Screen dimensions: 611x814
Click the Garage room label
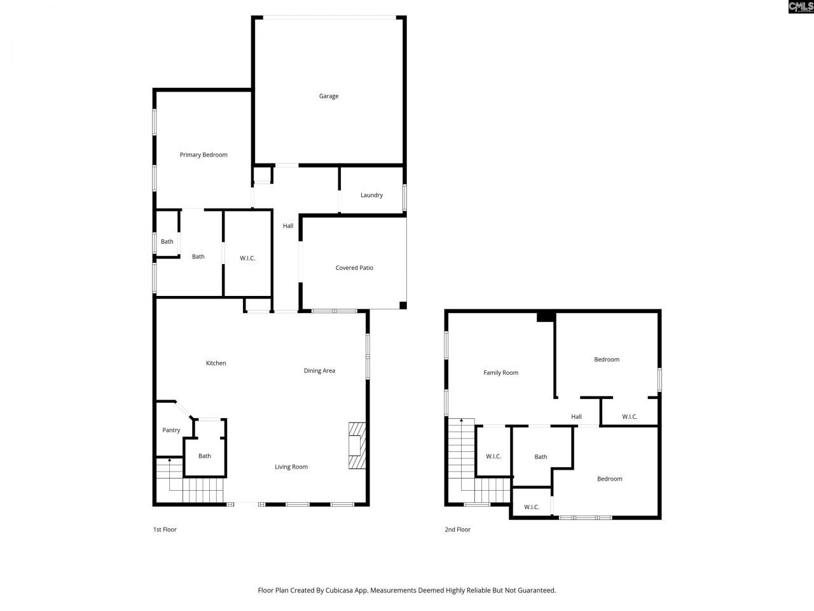click(x=329, y=96)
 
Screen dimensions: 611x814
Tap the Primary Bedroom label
click(x=203, y=155)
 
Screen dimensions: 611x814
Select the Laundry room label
click(x=371, y=195)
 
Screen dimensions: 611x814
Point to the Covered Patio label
click(x=354, y=268)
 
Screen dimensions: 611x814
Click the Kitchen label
click(x=216, y=363)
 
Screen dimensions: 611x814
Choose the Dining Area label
click(x=319, y=370)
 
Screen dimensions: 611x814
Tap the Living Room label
click(x=291, y=467)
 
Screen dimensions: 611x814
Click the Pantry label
click(x=171, y=430)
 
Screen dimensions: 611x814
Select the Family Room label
click(x=501, y=373)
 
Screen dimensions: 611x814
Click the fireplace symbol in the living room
click(x=357, y=446)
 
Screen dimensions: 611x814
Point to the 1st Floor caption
click(x=165, y=530)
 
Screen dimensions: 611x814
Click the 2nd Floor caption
click(x=457, y=530)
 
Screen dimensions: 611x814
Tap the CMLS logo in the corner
click(x=801, y=7)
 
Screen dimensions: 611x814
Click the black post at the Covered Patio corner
click(x=403, y=305)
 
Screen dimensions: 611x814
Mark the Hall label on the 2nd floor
click(x=576, y=417)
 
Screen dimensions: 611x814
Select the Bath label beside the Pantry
click(x=204, y=456)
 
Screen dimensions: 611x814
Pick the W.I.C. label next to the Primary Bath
click(x=247, y=258)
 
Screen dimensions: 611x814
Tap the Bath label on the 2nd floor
click(x=541, y=456)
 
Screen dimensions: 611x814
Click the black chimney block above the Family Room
click(x=545, y=316)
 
